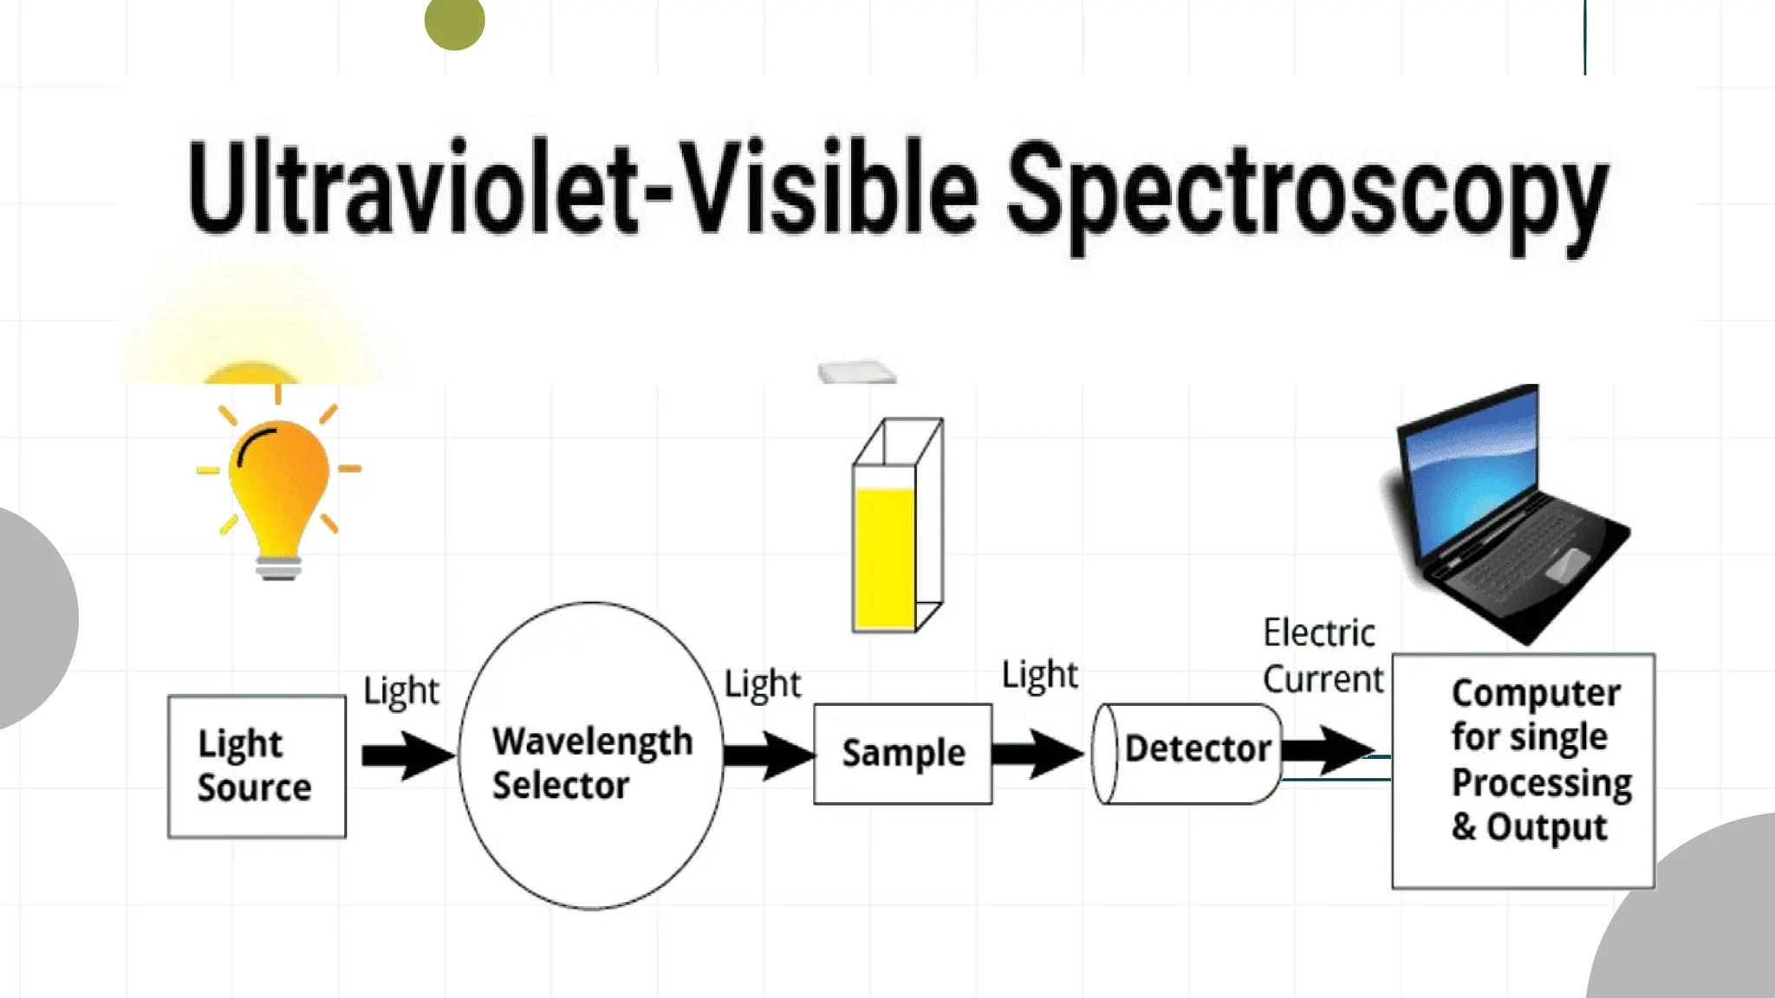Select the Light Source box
point(257,766)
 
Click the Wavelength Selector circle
point(592,755)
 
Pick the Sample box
point(902,754)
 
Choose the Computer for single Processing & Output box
point(1523,770)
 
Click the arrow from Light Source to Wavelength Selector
point(406,755)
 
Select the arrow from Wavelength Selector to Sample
point(767,755)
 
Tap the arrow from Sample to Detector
point(1037,753)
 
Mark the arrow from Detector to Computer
point(1326,749)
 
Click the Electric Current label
point(1322,657)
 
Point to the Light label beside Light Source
point(401,691)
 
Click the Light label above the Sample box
point(763,684)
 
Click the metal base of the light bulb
point(278,567)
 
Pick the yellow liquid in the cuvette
point(884,559)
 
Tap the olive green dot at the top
point(454,21)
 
